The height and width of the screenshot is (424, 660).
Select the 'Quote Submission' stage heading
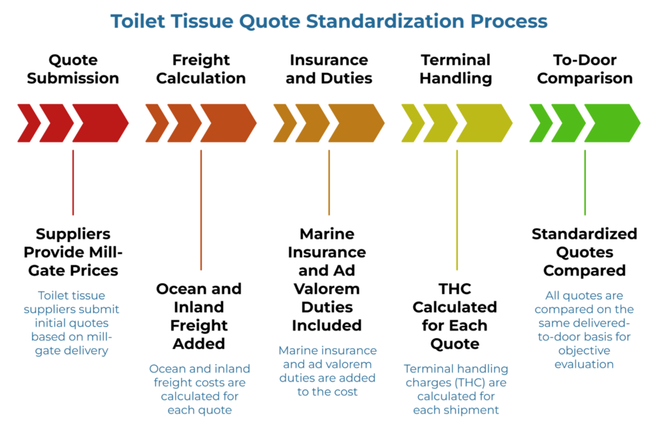73,69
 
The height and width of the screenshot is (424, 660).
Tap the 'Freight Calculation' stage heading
201,69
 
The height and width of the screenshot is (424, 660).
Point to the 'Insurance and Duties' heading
329,69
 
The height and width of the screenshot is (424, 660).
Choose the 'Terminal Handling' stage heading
456,69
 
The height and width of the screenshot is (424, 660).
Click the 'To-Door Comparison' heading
585,69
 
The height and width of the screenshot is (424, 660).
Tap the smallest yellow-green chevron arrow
412,123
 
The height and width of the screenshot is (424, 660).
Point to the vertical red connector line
73,183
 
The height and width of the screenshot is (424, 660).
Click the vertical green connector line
585,183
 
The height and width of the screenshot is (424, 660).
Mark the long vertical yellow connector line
457,210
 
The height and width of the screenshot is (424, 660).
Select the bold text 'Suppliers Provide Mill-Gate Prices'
73,252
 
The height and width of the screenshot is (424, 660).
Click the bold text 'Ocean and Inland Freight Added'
199,316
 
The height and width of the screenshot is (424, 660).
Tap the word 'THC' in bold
454,288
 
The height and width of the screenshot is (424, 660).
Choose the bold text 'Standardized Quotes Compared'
584,252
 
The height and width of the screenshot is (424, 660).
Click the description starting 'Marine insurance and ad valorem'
327,371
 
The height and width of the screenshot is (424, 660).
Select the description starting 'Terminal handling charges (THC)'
456,389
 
